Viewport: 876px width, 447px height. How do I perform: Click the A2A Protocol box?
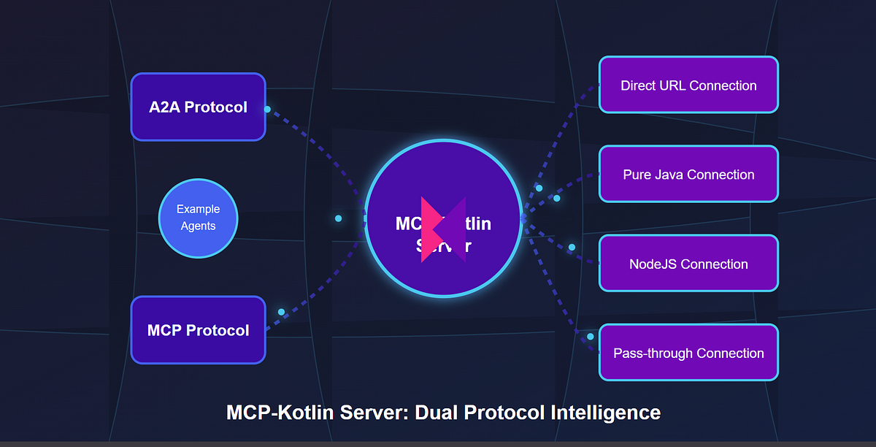pyautogui.click(x=198, y=107)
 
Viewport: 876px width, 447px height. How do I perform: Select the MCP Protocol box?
pyautogui.click(x=198, y=330)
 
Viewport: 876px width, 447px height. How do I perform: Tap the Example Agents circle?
pyautogui.click(x=198, y=218)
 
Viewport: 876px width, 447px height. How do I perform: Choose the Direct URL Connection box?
pyautogui.click(x=688, y=85)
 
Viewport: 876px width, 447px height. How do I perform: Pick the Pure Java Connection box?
pyautogui.click(x=688, y=175)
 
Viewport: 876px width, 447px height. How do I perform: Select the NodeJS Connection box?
pyautogui.click(x=688, y=264)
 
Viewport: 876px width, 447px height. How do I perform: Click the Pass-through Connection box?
pyautogui.click(x=688, y=353)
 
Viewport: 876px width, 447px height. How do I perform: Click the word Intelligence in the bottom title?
pyautogui.click(x=611, y=412)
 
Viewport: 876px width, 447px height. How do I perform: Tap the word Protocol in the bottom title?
pyautogui.click(x=515, y=412)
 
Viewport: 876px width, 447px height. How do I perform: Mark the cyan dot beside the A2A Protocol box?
pyautogui.click(x=267, y=110)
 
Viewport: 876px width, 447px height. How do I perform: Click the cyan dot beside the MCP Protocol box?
pyautogui.click(x=281, y=312)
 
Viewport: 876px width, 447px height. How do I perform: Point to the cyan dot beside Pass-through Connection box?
pyautogui.click(x=591, y=337)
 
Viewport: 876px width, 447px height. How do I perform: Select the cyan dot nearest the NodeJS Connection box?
pyautogui.click(x=572, y=248)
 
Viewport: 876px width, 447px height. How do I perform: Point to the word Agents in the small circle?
pyautogui.click(x=198, y=226)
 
